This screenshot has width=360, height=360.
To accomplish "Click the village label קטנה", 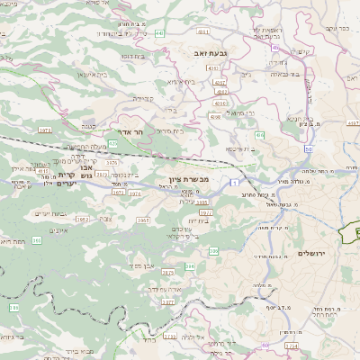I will (87, 126).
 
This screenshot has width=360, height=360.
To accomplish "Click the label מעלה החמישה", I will (86, 146).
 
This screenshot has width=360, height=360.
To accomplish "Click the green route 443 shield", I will (159, 32).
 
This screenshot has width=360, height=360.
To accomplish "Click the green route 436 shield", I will (259, 135).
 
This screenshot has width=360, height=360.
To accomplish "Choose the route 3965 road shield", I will (143, 220).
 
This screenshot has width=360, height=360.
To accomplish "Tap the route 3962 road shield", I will (81, 219).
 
